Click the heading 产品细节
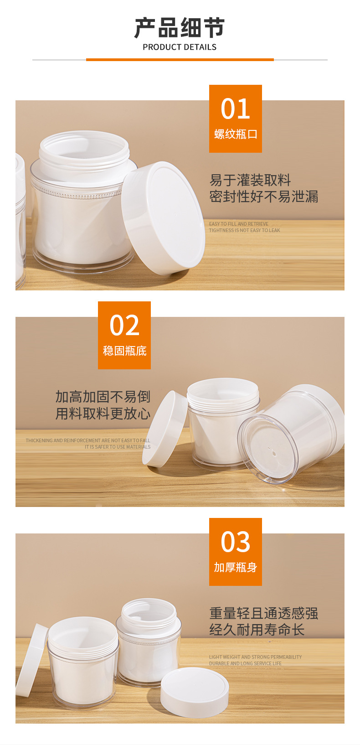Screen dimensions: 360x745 [180, 28]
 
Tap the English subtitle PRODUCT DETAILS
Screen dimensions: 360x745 [180, 47]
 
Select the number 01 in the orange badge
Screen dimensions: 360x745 [235, 109]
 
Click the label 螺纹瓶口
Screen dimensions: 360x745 [235, 134]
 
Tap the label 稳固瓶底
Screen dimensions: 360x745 [124, 351]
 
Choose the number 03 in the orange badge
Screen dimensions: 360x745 [235, 542]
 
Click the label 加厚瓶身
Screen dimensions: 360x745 [235, 567]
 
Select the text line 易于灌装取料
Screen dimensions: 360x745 [250, 180]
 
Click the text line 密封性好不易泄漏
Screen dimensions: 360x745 [263, 197]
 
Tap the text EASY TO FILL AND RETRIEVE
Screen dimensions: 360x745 [239, 224]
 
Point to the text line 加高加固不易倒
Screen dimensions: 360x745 [103, 397]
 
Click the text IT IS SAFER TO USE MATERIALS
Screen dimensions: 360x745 [117, 447]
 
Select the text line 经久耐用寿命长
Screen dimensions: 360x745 [257, 630]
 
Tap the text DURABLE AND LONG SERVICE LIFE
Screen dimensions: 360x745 [245, 663]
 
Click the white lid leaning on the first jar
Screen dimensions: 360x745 [163, 218]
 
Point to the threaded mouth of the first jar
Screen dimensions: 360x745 [84, 153]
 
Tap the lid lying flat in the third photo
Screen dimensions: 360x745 [195, 692]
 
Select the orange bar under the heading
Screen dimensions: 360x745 [180, 60]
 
